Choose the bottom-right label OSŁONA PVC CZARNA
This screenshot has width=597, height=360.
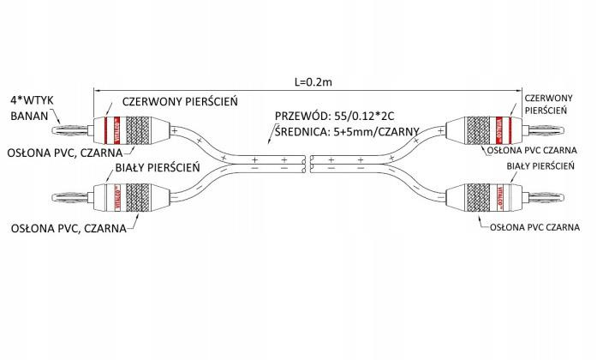(x=535, y=229)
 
